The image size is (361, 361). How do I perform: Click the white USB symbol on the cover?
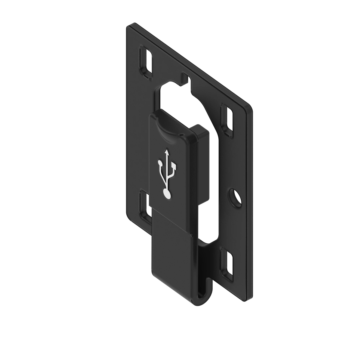click(167, 174)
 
